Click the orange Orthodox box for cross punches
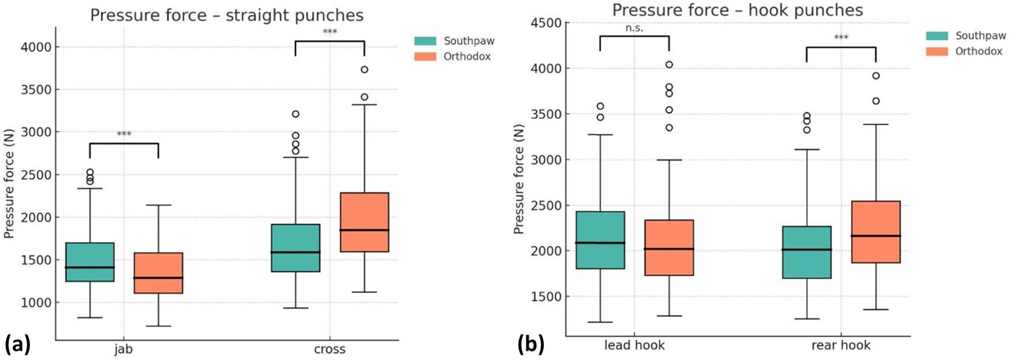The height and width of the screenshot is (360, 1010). click(x=364, y=222)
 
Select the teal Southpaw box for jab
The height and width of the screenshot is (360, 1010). click(x=90, y=262)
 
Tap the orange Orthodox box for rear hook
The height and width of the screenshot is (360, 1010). click(x=876, y=232)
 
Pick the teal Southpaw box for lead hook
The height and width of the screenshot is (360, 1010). click(x=600, y=240)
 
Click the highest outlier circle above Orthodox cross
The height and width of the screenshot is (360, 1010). click(x=364, y=70)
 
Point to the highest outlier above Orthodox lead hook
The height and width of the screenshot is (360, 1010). click(x=669, y=65)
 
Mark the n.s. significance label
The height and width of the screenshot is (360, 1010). click(x=634, y=28)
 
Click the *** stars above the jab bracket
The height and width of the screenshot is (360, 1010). click(x=124, y=134)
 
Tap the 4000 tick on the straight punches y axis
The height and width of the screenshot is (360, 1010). click(x=36, y=47)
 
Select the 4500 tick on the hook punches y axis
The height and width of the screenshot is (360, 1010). click(x=546, y=23)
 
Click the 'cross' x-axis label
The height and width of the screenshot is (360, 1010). click(x=330, y=350)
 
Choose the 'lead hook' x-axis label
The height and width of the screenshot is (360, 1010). click(x=634, y=346)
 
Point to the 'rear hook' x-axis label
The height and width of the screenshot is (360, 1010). click(x=841, y=346)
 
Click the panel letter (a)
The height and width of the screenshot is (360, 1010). click(x=17, y=345)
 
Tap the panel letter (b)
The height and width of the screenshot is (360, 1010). click(x=530, y=345)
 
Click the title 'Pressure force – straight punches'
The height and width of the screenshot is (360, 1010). click(x=227, y=15)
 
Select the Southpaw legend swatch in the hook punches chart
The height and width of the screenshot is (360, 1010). click(x=937, y=36)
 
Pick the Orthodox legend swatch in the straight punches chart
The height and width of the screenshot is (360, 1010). click(x=425, y=57)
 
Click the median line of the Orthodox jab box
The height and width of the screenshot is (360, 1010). click(x=159, y=278)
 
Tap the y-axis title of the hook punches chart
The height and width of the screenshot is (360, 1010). click(x=519, y=179)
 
